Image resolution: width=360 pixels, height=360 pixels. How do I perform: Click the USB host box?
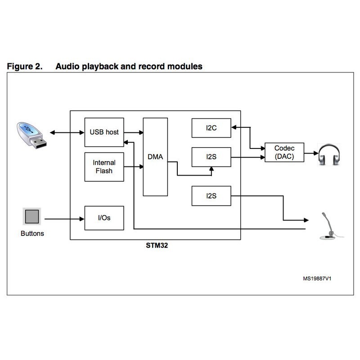pos(104,132)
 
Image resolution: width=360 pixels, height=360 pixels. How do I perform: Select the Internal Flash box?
pos(104,166)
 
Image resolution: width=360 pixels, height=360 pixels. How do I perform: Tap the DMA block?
pos(155,157)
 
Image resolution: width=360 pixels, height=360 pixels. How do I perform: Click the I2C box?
pos(211,128)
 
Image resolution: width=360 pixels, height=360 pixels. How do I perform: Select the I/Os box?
pos(104,218)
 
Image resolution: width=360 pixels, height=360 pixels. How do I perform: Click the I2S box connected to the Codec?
pos(211,157)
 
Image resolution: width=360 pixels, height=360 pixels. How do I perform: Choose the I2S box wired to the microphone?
pos(211,196)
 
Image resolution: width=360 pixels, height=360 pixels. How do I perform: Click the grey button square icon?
pos(32,216)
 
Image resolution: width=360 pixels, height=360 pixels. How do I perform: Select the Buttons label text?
pos(32,234)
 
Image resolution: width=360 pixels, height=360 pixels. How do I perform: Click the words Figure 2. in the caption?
pos(25,67)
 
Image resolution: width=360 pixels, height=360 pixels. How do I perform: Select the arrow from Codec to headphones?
pos(311,153)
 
